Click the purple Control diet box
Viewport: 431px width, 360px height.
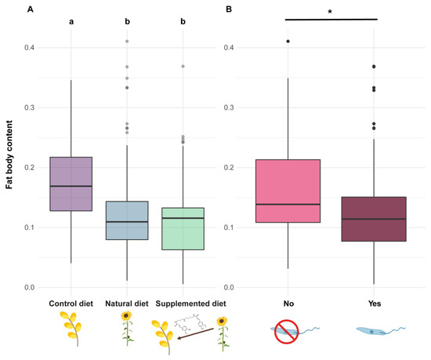point(71,184)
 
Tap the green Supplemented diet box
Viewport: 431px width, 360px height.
point(183,228)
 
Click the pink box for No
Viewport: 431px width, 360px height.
point(288,191)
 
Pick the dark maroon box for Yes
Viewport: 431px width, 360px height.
point(374,219)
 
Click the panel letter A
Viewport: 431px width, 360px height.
point(7,9)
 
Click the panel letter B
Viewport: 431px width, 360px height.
point(228,9)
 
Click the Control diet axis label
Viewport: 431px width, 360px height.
point(71,303)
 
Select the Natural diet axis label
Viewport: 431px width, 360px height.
point(127,303)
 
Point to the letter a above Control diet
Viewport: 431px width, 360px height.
point(71,22)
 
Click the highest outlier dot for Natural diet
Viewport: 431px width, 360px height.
point(127,41)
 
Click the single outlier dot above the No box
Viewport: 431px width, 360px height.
point(288,41)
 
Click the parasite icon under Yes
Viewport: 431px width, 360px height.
point(374,333)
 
